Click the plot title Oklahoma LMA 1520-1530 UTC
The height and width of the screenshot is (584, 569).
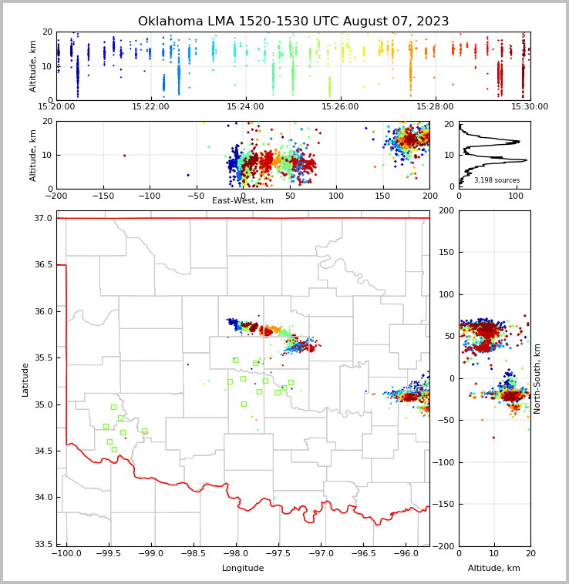pos(293,22)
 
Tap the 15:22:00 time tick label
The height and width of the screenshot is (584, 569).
pos(150,106)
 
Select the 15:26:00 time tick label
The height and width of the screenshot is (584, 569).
pos(340,106)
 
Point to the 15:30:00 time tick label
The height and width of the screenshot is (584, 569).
pos(530,106)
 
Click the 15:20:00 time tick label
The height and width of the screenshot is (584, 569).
pos(56,106)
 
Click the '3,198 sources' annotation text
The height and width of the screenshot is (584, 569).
pos(497,180)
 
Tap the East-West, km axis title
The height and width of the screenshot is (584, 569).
pos(243,201)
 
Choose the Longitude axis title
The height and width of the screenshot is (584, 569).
pos(243,569)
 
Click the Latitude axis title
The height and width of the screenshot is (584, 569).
pos(25,379)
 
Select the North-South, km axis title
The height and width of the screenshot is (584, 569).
pos(537,378)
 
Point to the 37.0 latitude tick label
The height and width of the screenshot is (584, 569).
pos(44,219)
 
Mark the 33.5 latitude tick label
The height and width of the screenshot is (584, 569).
pos(44,544)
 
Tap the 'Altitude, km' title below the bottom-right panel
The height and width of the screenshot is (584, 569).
pos(494,569)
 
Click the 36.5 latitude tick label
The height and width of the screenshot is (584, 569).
pos(44,265)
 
